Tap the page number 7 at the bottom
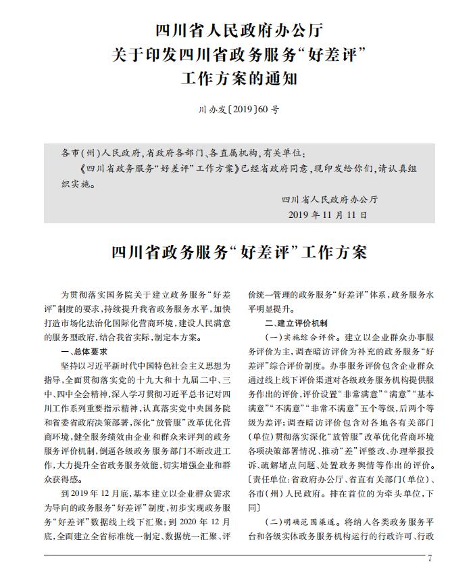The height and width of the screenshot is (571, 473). click(429, 559)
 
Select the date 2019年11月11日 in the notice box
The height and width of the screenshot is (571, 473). click(328, 214)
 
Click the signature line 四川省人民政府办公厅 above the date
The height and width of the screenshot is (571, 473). click(329, 199)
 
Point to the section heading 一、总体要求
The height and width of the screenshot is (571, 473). click(84, 352)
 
